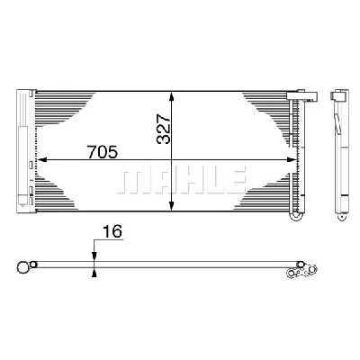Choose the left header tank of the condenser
[24, 153]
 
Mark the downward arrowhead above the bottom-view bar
[94, 256]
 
